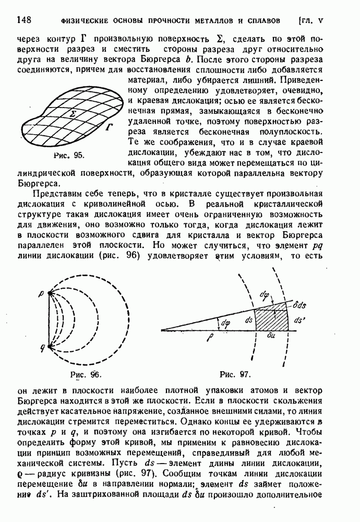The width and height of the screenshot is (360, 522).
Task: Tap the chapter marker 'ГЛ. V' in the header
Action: pyautogui.click(x=312, y=21)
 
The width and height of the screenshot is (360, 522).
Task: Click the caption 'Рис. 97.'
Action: pyautogui.click(x=235, y=374)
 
